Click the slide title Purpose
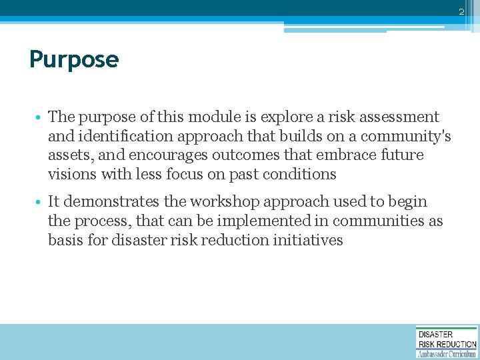(x=74, y=60)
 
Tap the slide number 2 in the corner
(x=461, y=12)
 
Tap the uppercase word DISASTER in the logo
(x=436, y=334)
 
